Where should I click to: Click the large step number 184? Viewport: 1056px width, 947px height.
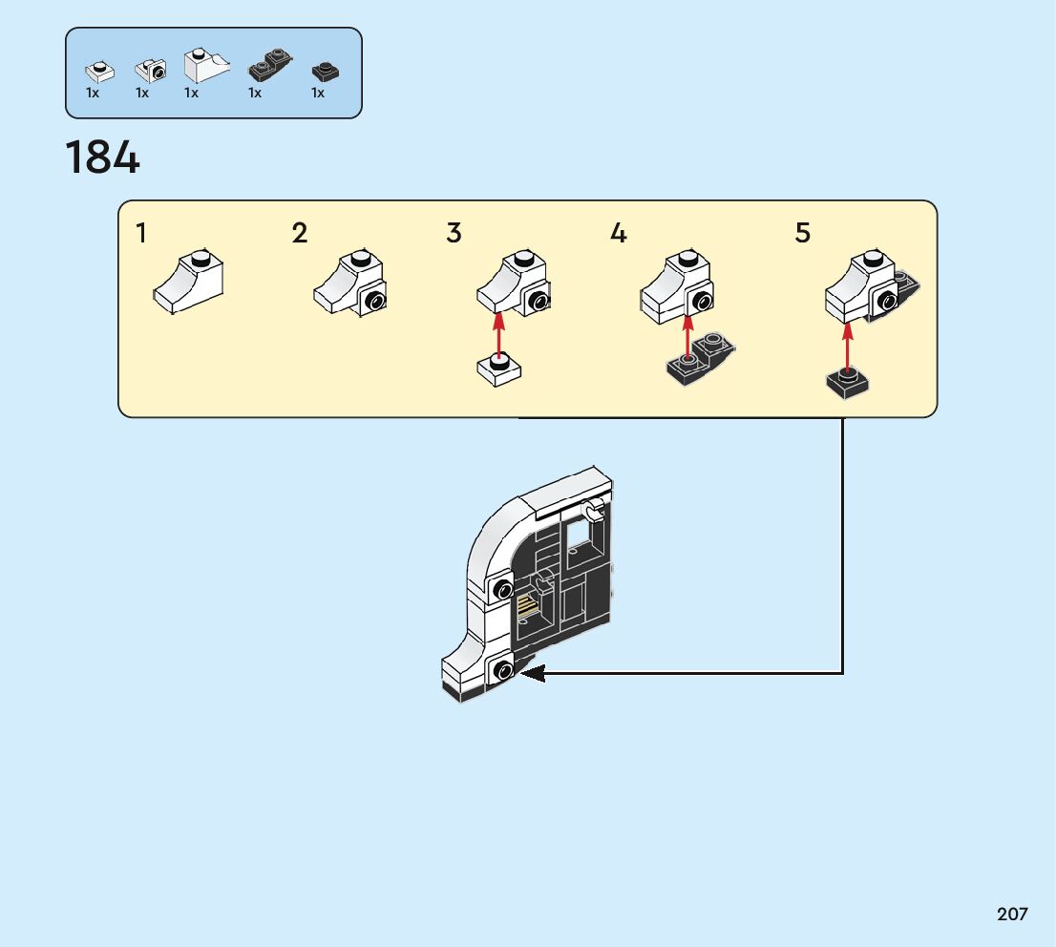[102, 158]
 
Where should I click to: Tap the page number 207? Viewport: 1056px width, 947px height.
[1012, 915]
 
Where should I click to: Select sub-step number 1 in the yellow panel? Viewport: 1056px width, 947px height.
[141, 233]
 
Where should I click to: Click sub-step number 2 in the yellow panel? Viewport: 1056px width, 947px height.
[300, 233]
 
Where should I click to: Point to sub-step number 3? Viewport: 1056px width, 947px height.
[454, 233]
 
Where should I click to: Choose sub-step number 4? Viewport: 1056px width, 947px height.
[619, 233]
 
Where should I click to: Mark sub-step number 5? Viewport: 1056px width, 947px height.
[803, 233]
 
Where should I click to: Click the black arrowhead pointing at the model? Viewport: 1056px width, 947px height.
[531, 673]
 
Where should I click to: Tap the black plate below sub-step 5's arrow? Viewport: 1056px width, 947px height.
[848, 384]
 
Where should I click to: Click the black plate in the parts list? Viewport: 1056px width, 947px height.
[325, 73]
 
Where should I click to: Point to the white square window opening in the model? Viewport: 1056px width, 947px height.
[581, 540]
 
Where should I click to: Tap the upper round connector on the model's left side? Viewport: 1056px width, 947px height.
[500, 589]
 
